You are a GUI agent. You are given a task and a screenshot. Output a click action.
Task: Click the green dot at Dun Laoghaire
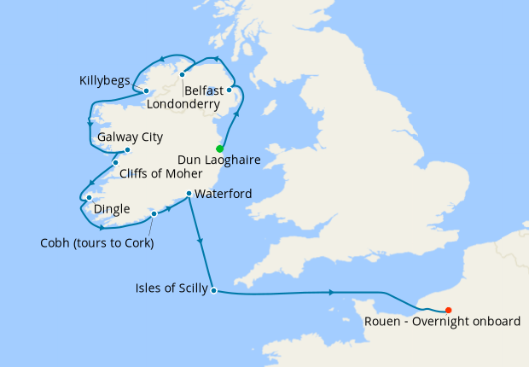(220, 149)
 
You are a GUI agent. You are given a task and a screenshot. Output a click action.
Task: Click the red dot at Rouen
(449, 310)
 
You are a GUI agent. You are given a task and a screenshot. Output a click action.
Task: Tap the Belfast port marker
(229, 90)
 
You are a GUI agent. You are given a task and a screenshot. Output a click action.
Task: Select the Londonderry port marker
(183, 74)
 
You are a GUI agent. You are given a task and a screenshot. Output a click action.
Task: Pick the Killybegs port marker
(146, 90)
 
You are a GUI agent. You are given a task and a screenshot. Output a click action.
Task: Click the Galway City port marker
(127, 150)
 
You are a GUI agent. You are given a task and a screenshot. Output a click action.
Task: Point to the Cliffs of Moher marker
(115, 163)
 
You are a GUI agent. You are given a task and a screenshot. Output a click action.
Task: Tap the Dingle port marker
(89, 198)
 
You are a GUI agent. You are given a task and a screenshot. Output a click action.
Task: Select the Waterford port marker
(188, 194)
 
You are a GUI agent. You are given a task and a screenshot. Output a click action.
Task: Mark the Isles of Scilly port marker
(213, 290)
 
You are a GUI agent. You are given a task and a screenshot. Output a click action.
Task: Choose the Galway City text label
(131, 137)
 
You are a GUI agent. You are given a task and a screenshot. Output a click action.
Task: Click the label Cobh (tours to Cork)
(96, 242)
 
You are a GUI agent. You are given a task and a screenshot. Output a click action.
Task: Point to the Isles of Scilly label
(171, 288)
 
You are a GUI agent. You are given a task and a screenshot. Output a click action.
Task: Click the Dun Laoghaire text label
(219, 160)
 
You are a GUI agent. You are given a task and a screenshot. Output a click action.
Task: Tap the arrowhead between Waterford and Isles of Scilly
(201, 243)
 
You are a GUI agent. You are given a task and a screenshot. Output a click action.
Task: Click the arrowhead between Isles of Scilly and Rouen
(329, 294)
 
